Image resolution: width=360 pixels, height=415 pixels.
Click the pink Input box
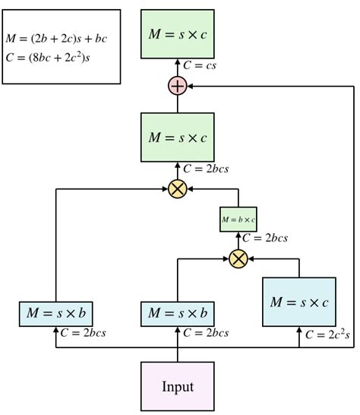pos(178,386)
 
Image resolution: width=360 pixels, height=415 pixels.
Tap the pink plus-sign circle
pos(178,87)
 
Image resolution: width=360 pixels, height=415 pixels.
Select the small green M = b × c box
pos(238,220)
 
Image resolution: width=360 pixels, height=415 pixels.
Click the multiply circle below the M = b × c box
pos(238,258)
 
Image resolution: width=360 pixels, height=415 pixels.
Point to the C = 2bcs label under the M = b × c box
pos(264,238)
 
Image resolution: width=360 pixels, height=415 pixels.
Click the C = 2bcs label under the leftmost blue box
pos(83,333)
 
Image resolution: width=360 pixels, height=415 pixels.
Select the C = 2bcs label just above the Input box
pos(205,333)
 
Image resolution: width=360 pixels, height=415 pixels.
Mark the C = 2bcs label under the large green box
pos(205,168)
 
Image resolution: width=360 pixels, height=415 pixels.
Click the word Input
pos(178,386)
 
